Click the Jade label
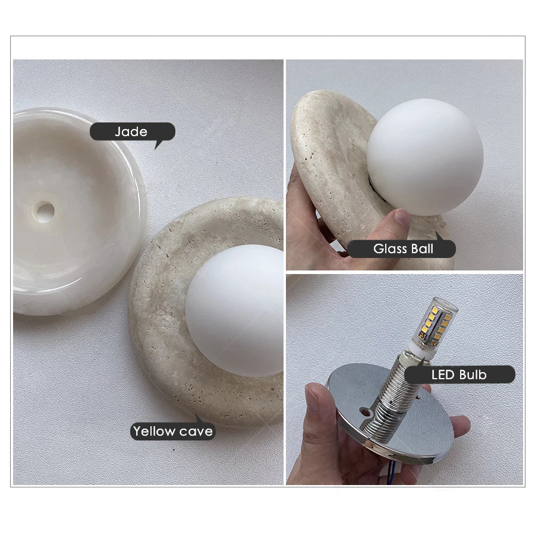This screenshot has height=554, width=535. point(132,132)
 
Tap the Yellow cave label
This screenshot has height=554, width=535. point(173,431)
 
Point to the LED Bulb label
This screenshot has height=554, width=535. point(460,374)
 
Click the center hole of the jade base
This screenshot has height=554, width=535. point(45,211)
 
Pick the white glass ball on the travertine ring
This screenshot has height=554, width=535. point(234,310)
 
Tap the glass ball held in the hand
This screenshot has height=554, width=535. point(425,158)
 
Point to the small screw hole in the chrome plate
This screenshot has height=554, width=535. point(363,411)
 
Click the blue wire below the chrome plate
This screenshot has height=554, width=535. point(394,475)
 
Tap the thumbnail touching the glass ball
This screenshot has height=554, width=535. point(402,216)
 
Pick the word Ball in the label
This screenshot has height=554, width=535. point(422,248)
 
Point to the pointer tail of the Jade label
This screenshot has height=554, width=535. point(158,145)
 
